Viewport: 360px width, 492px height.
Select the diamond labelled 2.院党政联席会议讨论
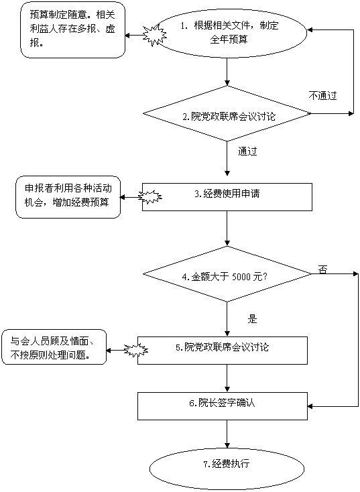tap(227, 113)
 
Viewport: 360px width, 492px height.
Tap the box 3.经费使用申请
tap(227, 197)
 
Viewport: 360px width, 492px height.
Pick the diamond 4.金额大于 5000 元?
tap(227, 274)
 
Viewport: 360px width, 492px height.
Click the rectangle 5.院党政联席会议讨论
tap(223, 351)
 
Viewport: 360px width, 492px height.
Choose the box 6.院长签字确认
tap(223, 406)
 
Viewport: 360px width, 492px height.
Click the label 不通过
tap(322, 95)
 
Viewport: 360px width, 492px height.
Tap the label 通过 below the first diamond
tap(247, 151)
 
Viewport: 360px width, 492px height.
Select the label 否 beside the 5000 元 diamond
tap(322, 269)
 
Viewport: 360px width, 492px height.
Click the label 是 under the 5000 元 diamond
tap(252, 319)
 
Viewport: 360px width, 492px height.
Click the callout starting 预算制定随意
tap(73, 29)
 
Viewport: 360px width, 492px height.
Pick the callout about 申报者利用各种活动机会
tap(68, 198)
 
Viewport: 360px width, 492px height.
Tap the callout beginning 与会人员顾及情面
tap(54, 347)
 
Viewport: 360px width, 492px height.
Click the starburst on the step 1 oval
tap(155, 35)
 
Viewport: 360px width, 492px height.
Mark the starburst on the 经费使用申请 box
tap(150, 197)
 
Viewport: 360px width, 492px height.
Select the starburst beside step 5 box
tap(136, 350)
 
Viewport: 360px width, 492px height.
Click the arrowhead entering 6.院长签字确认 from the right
tap(310, 406)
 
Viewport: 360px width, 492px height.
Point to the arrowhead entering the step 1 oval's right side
tap(310, 29)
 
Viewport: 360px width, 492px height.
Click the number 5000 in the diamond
tap(241, 277)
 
